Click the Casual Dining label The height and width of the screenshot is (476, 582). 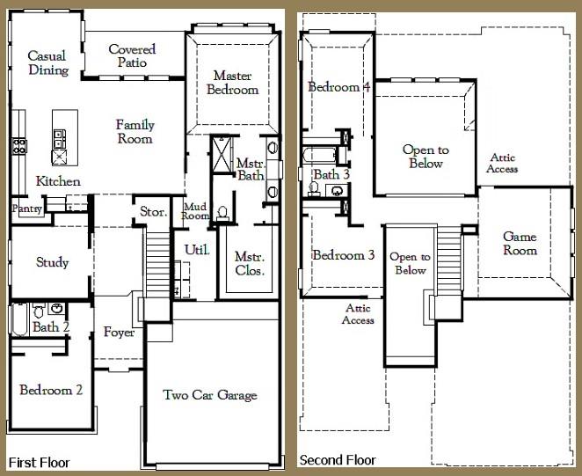click(48, 62)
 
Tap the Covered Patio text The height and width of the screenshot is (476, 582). click(132, 55)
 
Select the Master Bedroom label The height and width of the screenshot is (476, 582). click(233, 83)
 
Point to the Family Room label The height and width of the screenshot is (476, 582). click(135, 131)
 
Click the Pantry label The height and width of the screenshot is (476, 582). click(26, 209)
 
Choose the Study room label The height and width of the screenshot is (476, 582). click(53, 262)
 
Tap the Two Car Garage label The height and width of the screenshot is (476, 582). click(210, 395)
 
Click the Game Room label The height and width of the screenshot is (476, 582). click(520, 243)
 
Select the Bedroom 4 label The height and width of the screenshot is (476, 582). click(339, 86)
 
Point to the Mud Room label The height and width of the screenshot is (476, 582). click(195, 211)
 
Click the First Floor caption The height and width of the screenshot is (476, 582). click(39, 462)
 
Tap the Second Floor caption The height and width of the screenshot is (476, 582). click(338, 460)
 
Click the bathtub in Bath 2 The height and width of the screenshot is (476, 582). click(19, 319)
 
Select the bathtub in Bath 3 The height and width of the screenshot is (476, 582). click(320, 155)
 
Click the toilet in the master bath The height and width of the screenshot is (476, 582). click(222, 214)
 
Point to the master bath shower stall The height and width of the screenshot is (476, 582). click(222, 154)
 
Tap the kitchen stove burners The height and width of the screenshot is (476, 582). click(19, 146)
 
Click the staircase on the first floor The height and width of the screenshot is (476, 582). click(158, 264)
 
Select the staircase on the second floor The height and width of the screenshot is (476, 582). click(449, 259)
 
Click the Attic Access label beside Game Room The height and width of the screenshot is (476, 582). click(502, 163)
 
